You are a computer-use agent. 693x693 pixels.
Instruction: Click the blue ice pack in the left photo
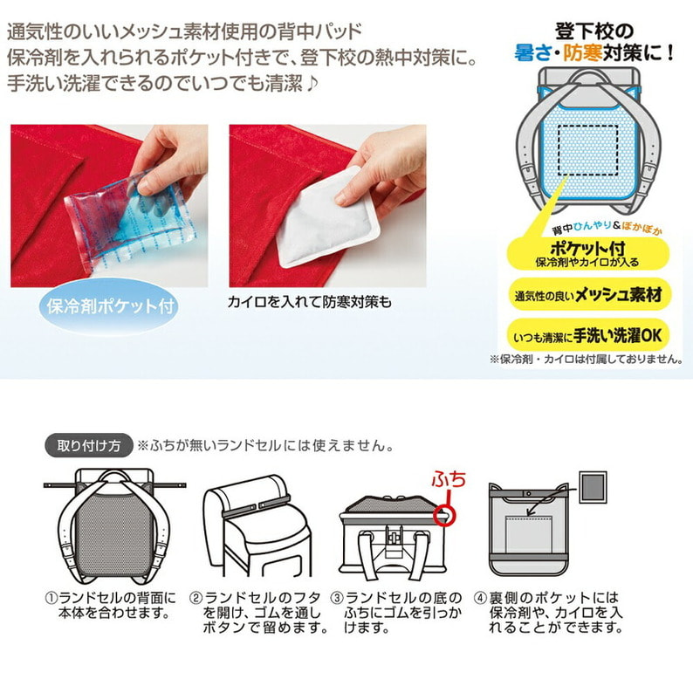tap(131, 220)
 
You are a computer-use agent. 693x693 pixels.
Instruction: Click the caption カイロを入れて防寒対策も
tap(309, 302)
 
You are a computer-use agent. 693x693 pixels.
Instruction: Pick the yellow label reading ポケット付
tap(587, 254)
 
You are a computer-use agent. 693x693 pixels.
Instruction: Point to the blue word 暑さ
tap(532, 53)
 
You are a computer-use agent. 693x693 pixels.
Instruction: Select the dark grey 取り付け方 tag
tap(89, 445)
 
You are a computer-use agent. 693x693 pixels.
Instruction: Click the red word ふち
tap(449, 480)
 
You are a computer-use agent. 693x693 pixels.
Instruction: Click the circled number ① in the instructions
tap(51, 598)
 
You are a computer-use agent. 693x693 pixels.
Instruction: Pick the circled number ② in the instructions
tap(196, 598)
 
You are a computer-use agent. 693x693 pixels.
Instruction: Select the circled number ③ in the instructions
tap(337, 598)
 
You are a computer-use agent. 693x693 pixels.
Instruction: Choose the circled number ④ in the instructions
tap(480, 598)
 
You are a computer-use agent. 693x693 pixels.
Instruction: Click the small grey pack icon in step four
tap(594, 487)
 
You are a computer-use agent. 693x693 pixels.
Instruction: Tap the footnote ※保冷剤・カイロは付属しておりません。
tap(586, 360)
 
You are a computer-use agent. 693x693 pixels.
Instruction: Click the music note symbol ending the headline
tap(312, 83)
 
